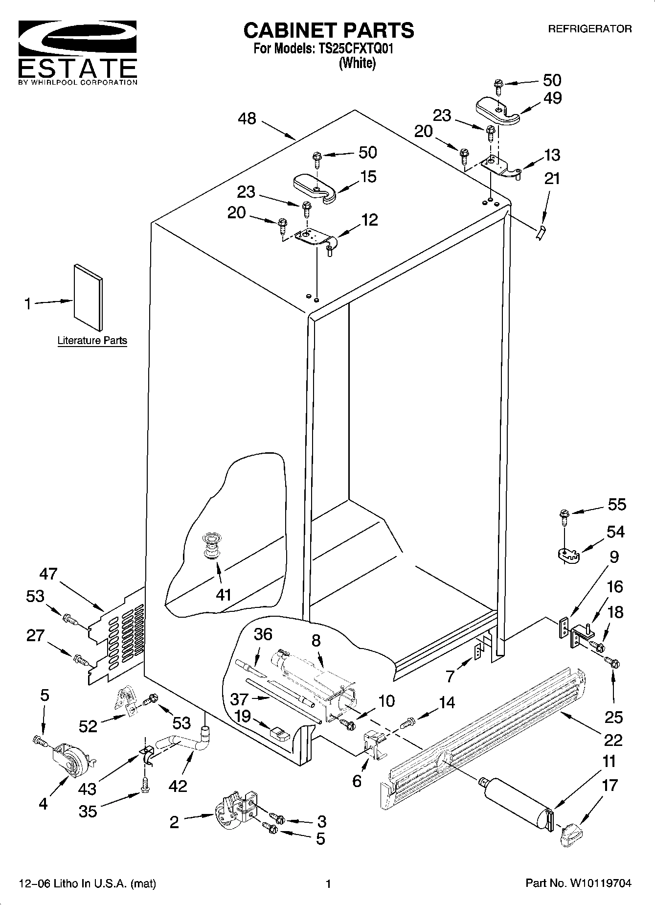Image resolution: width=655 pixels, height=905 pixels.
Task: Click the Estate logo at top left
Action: [x=77, y=51]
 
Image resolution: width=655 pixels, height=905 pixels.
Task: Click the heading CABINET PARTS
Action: [x=328, y=30]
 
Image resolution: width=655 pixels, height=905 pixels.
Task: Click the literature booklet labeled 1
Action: [x=88, y=298]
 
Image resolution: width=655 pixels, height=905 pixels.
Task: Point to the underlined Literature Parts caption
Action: [x=92, y=341]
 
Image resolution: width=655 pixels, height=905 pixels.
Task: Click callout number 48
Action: [x=247, y=118]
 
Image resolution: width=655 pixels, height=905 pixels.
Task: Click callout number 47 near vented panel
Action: [x=48, y=574]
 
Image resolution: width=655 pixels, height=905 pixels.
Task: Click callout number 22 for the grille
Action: [x=613, y=740]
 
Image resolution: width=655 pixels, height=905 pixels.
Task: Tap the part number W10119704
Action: [x=600, y=883]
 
